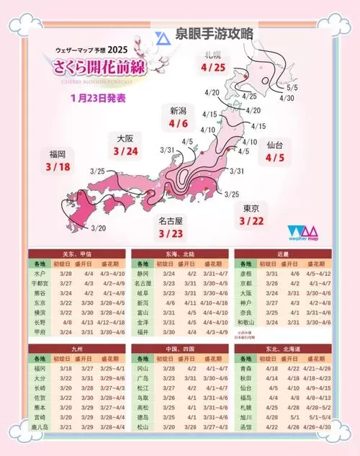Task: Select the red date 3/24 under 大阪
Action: pos(125,151)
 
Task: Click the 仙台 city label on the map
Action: pos(274,145)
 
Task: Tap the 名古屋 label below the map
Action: pos(171,221)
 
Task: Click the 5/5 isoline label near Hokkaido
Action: pos(292,87)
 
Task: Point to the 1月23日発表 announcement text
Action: pos(99,97)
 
